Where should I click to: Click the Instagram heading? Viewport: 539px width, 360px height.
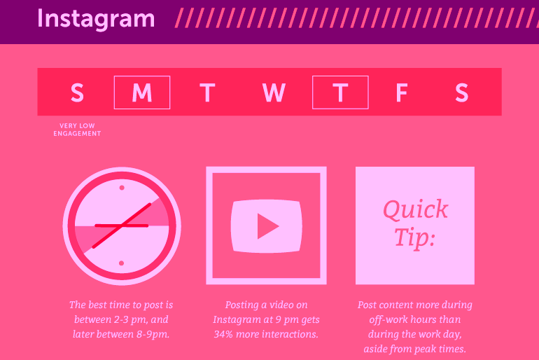[x=96, y=19]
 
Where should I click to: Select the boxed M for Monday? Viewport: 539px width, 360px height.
[x=142, y=92]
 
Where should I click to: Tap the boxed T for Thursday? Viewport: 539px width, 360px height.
[x=340, y=92]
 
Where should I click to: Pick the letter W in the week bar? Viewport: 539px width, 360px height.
[x=274, y=92]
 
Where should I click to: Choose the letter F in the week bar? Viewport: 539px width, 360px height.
[x=402, y=92]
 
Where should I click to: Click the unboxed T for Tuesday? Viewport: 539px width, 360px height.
[x=207, y=92]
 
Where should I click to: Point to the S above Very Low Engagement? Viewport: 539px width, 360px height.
[x=77, y=92]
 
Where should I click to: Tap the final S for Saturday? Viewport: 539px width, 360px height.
[x=462, y=92]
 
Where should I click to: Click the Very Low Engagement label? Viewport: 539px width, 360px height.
[x=77, y=130]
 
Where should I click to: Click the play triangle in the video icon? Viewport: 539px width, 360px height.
[x=267, y=226]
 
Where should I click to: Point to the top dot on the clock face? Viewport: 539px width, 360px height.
[x=122, y=188]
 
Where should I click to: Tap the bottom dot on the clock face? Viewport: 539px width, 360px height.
[x=121, y=263]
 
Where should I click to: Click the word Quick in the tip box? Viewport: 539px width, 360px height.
[x=415, y=210]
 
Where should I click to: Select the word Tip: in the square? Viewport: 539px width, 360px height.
[x=414, y=237]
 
